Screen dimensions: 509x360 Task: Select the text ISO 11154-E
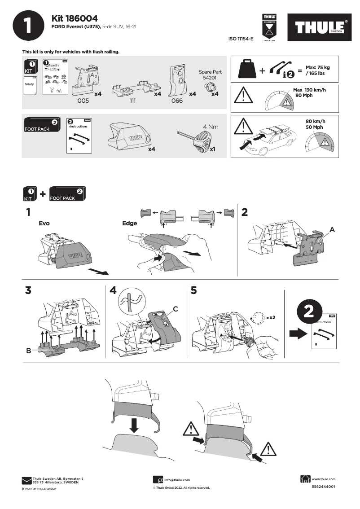pyautogui.click(x=241, y=39)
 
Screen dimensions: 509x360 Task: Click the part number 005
pyautogui.click(x=83, y=101)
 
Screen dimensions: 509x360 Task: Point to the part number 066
pyautogui.click(x=177, y=101)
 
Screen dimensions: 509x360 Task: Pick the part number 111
pyautogui.click(x=132, y=101)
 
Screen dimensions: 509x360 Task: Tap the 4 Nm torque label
pyautogui.click(x=211, y=127)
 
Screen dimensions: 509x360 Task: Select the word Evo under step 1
pyautogui.click(x=44, y=223)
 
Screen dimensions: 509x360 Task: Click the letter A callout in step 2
pyautogui.click(x=332, y=229)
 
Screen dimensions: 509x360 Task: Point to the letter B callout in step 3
pyautogui.click(x=28, y=351)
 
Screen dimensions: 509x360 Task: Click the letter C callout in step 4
pyautogui.click(x=176, y=309)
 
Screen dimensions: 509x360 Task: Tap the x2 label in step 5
pyautogui.click(x=271, y=317)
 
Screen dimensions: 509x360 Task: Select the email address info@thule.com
pyautogui.click(x=177, y=480)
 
